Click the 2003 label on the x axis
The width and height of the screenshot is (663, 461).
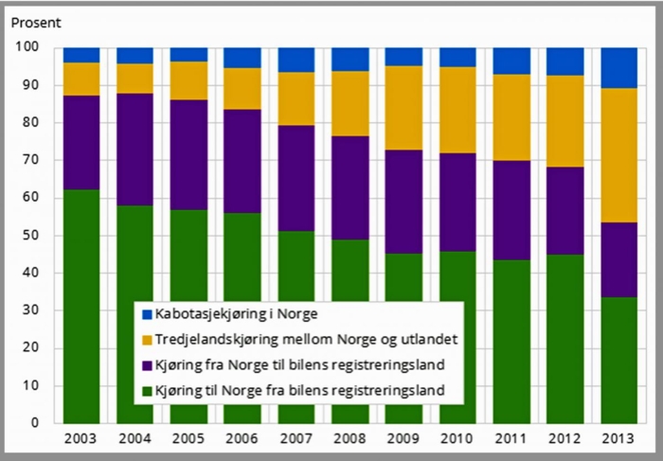pyautogui.click(x=81, y=438)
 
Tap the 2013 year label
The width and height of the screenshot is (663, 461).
pyautogui.click(x=620, y=438)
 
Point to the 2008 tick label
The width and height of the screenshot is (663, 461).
pyautogui.click(x=350, y=438)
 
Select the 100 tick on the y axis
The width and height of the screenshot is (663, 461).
pyautogui.click(x=27, y=47)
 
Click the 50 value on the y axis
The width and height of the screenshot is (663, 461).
pyautogui.click(x=31, y=235)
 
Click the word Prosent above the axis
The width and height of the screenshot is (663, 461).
pyautogui.click(x=36, y=20)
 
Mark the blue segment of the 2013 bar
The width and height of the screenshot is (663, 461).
pyautogui.click(x=620, y=67)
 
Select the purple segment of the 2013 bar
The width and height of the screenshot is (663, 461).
pyautogui.click(x=620, y=259)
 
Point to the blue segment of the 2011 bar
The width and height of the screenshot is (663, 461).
pyautogui.click(x=512, y=61)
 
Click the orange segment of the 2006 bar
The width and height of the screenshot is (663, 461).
pyautogui.click(x=242, y=88)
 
